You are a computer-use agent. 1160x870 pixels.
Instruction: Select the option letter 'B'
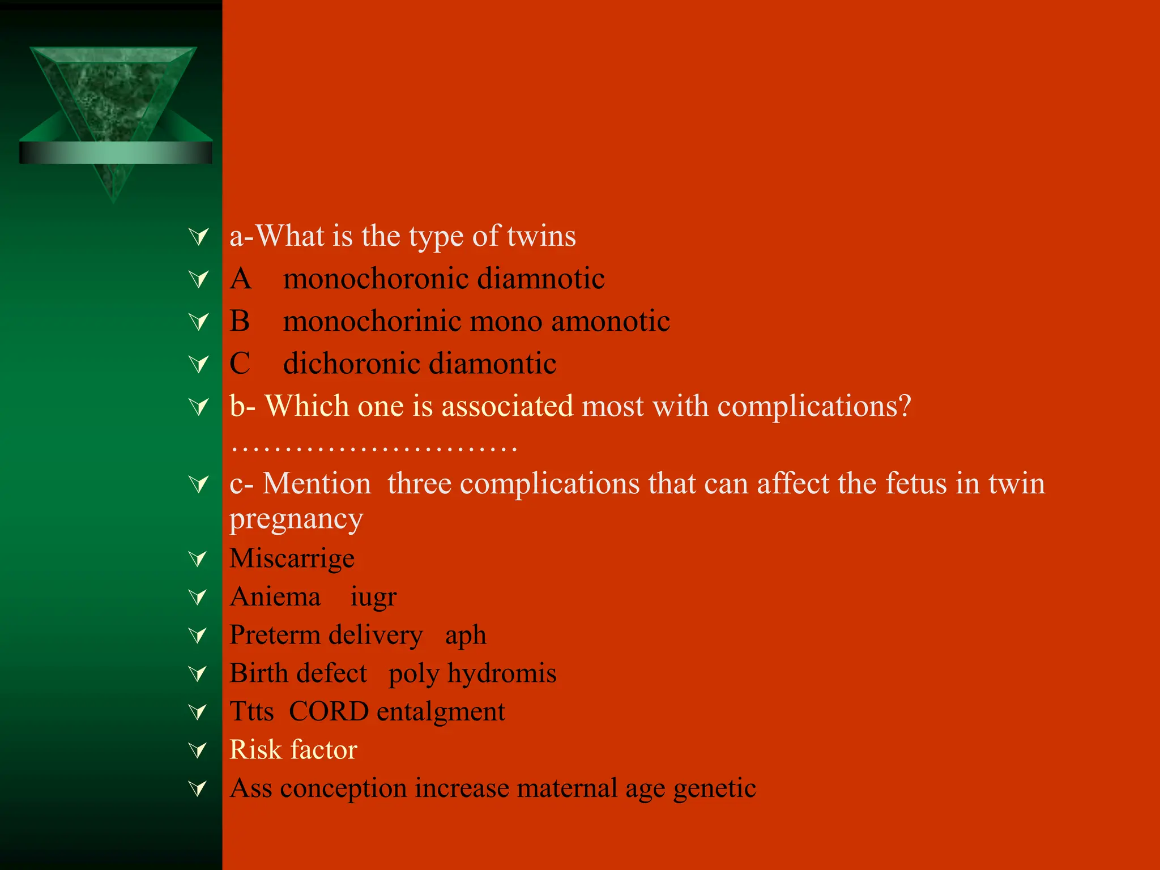240,321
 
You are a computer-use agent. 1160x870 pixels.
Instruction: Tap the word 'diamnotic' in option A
540,279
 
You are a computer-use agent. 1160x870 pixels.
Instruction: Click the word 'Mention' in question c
317,484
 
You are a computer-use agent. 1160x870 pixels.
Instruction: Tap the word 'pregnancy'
296,519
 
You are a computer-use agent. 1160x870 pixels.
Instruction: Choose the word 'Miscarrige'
292,558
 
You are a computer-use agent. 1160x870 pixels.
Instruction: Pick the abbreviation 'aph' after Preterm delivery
465,636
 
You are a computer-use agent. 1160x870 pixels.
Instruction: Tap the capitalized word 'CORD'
329,711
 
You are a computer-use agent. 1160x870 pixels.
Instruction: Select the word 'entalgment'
441,712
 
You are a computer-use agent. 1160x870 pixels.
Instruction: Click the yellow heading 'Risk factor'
293,750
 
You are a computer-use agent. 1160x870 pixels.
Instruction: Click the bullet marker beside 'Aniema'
198,596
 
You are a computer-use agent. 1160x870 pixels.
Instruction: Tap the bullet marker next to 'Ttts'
198,711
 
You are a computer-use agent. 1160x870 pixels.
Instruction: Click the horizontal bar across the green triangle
116,153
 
